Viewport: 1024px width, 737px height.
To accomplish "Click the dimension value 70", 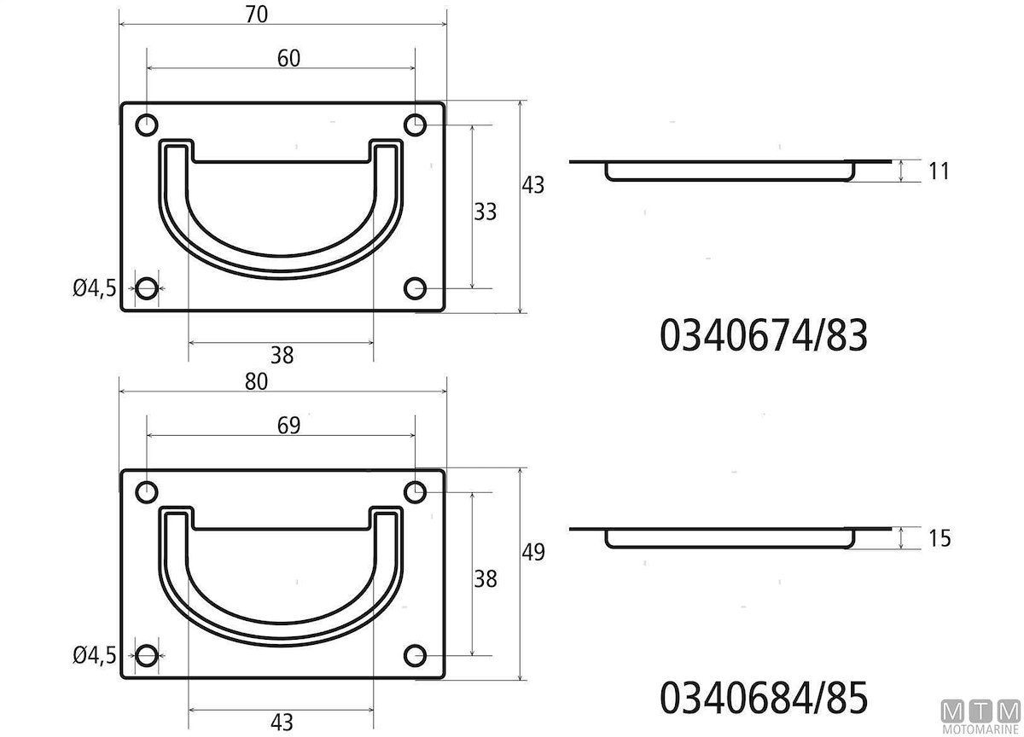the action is pyautogui.click(x=257, y=15).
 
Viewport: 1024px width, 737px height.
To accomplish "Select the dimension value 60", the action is pyautogui.click(x=289, y=59).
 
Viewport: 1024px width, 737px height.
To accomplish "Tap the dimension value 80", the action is pyautogui.click(x=256, y=381).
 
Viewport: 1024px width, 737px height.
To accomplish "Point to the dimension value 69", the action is pyautogui.click(x=289, y=426).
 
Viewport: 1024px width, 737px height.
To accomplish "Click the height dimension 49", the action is pyautogui.click(x=533, y=552).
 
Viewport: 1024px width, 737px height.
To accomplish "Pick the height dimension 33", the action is pyautogui.click(x=485, y=212).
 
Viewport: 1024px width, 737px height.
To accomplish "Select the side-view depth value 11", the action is pyautogui.click(x=939, y=171).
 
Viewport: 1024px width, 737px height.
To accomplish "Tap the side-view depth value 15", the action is pyautogui.click(x=940, y=538).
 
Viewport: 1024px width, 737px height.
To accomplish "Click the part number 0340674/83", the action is pyautogui.click(x=764, y=336).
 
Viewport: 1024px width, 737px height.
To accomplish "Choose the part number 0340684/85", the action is pyautogui.click(x=764, y=698).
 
